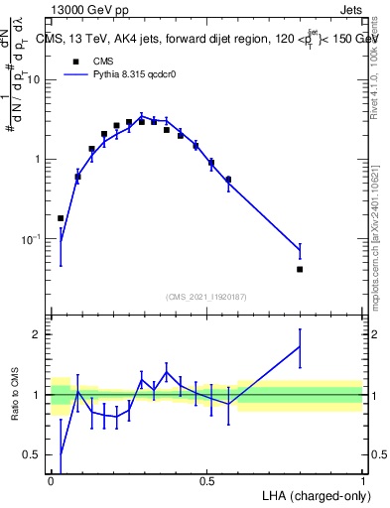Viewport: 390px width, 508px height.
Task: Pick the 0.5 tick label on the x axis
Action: coord(207,481)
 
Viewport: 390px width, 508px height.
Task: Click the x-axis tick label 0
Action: coord(52,481)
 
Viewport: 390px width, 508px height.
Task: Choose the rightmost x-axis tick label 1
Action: coord(363,481)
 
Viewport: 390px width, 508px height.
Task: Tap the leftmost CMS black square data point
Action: coord(61,218)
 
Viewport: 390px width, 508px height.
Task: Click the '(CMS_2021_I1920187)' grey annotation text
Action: coord(207,296)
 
